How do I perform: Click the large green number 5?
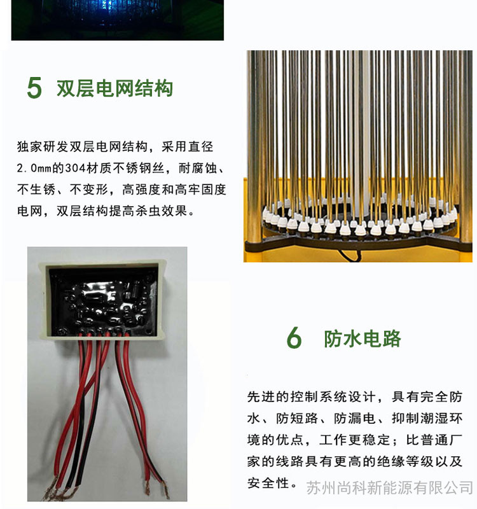tap(34, 88)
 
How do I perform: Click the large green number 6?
tap(294, 338)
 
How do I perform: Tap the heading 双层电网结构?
tap(114, 88)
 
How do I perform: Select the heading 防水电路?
tap(362, 338)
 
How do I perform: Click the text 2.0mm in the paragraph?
tap(34, 168)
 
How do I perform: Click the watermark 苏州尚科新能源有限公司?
tap(389, 487)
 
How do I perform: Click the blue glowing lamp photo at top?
tap(118, 20)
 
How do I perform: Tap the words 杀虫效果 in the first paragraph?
tap(161, 211)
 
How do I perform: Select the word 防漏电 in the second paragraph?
tap(354, 419)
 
